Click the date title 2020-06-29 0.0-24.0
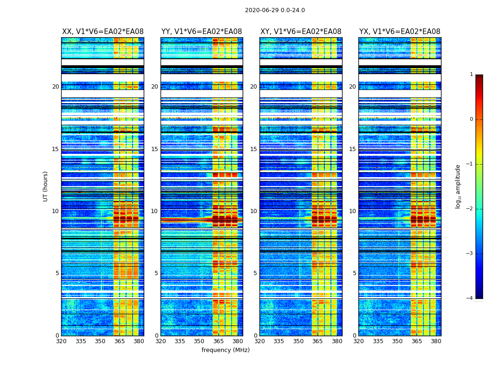click(275, 10)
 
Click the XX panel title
click(103, 32)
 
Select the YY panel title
click(202, 32)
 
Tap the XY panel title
click(301, 32)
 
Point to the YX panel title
click(399, 32)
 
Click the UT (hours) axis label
click(46, 186)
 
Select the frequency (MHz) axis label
click(225, 350)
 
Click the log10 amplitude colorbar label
click(458, 186)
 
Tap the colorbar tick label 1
click(471, 75)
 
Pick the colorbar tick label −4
click(470, 298)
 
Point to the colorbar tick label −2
click(470, 209)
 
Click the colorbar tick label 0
click(471, 119)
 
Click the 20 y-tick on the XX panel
click(56, 87)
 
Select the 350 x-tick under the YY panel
click(199, 341)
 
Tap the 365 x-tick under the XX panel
click(119, 341)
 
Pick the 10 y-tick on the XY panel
click(253, 211)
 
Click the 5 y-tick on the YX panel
click(354, 273)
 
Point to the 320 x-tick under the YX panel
click(358, 341)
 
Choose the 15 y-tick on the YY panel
click(154, 149)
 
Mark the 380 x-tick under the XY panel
click(337, 341)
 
